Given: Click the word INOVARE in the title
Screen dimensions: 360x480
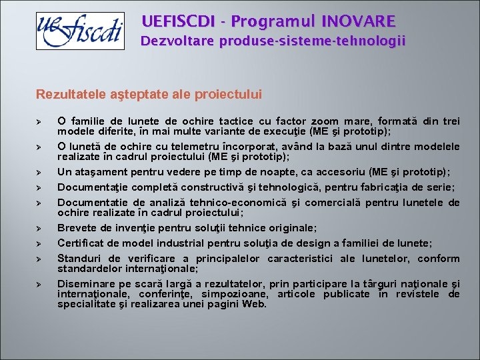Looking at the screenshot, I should click(x=358, y=21).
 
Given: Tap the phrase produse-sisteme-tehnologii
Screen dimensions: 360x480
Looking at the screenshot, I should click(x=315, y=41).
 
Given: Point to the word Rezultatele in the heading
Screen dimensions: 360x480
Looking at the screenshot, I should click(x=66, y=95).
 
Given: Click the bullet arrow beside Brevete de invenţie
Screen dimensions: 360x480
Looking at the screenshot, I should click(x=40, y=229).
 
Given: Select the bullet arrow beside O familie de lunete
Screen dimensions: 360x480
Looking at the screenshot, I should click(x=40, y=122).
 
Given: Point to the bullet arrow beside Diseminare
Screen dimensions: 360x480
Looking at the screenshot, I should click(x=40, y=284).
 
